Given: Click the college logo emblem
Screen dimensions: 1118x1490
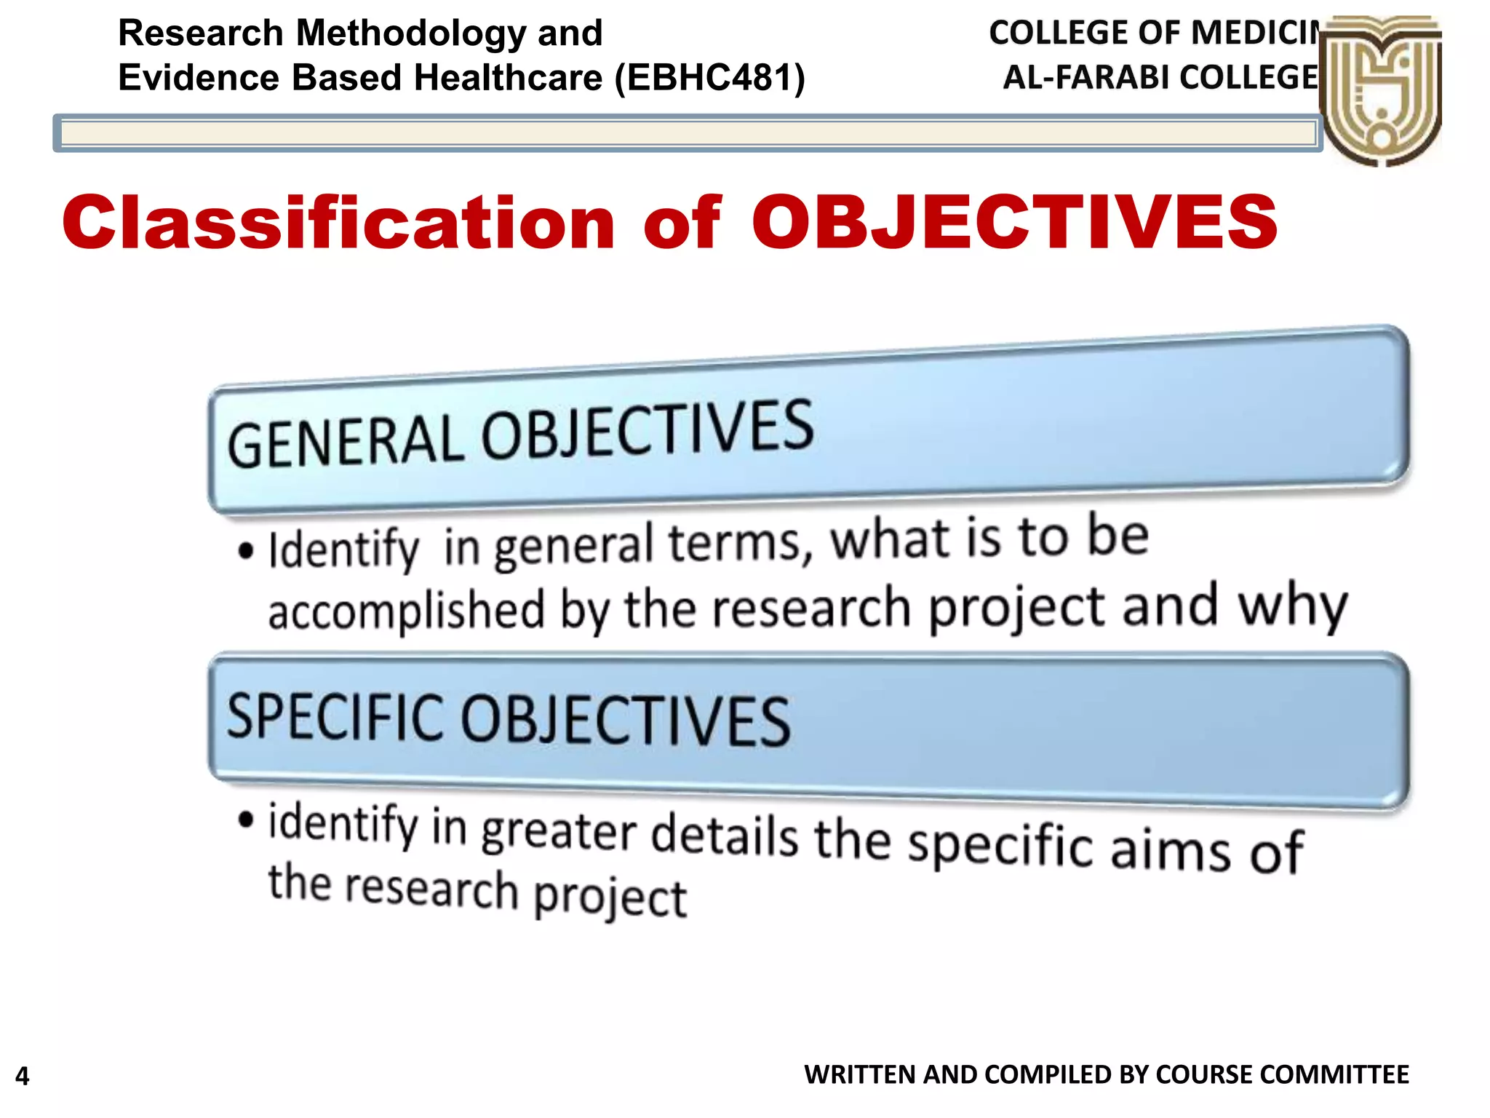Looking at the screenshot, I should click(x=1380, y=91).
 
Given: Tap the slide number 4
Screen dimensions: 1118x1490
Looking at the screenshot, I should click(x=23, y=1076).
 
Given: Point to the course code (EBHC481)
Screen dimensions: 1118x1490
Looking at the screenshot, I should click(x=710, y=77).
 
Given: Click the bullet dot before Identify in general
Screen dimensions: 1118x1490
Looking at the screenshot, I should click(x=247, y=550).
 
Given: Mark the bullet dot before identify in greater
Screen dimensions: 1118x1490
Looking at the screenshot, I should click(x=247, y=820).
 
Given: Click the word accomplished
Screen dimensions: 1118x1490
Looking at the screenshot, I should click(x=406, y=611).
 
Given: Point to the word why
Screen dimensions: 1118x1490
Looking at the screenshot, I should click(x=1293, y=606).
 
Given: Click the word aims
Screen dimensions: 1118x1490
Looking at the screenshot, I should click(x=1171, y=849).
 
